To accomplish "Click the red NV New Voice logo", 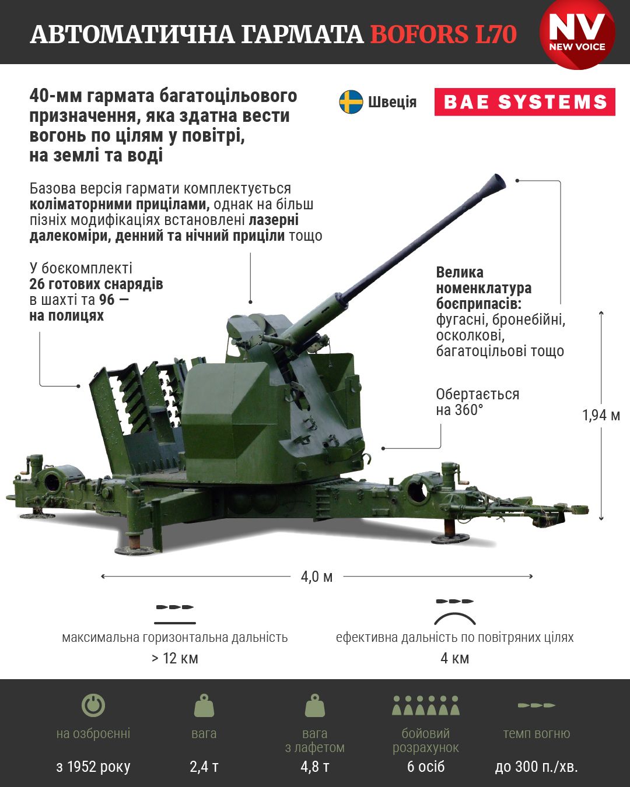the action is click(x=577, y=34).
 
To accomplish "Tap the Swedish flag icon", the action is click(x=351, y=101).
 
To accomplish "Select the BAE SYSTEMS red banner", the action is click(x=524, y=101).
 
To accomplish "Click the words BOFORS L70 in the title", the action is click(x=443, y=34).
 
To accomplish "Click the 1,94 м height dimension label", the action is click(x=601, y=415).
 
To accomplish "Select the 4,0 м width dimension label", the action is click(x=317, y=577).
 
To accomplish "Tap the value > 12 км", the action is click(x=174, y=658).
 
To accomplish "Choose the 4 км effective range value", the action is click(x=454, y=658).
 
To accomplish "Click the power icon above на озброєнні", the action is click(x=93, y=705).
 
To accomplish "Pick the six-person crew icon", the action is click(x=426, y=705).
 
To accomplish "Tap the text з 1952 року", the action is click(x=93, y=767).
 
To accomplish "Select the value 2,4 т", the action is click(x=204, y=767).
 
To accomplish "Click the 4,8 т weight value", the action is click(x=315, y=767).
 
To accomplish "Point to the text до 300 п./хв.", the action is click(x=536, y=767).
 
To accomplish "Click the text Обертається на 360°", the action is click(x=477, y=402).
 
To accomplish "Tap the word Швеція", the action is click(x=392, y=102).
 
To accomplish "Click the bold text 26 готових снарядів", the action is click(x=96, y=284).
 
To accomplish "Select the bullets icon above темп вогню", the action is click(x=536, y=705).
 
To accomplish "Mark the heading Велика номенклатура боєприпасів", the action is click(x=484, y=288).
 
